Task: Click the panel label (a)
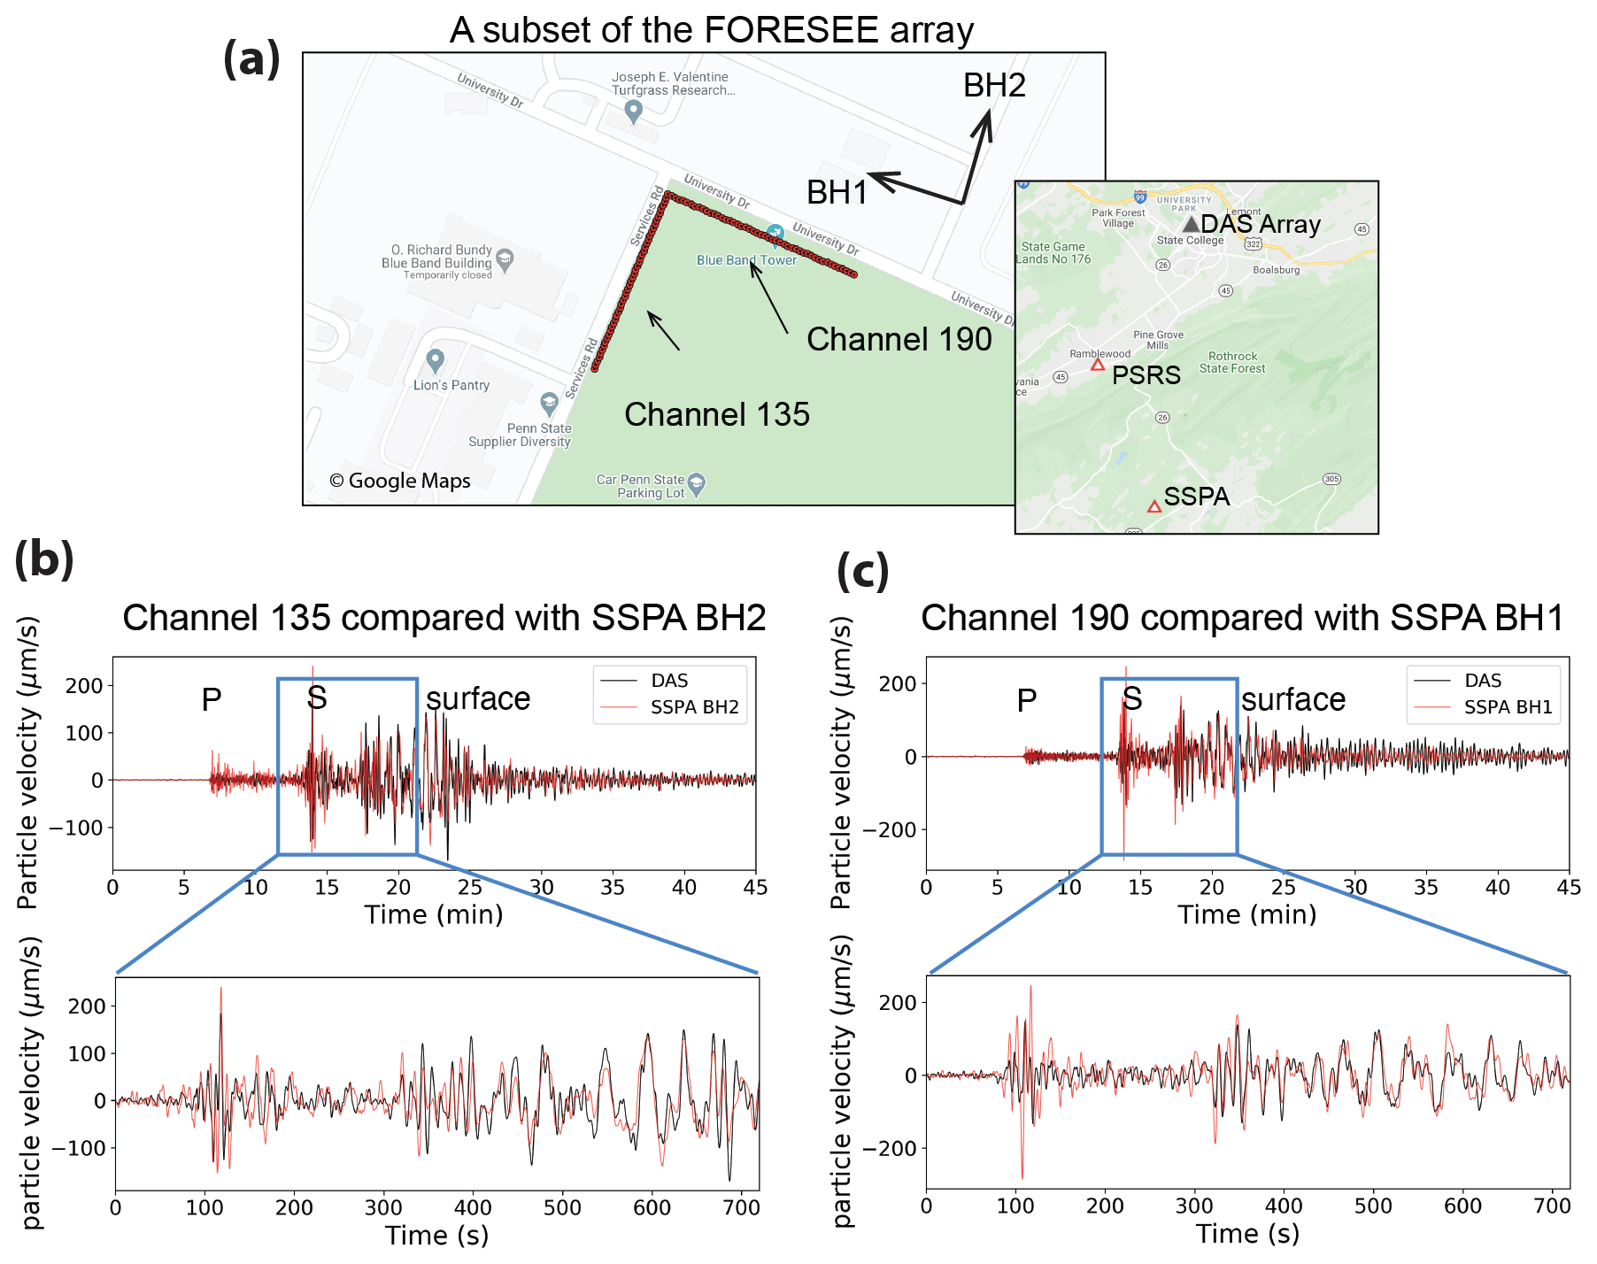coord(251,59)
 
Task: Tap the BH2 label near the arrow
coord(994,86)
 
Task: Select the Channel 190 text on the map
coord(899,339)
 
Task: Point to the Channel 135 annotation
coord(716,414)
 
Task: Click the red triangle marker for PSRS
coord(1098,365)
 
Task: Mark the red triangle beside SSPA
coord(1154,507)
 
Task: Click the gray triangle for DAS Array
coord(1192,225)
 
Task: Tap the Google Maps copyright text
coord(400,481)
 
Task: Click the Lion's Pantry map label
coord(451,385)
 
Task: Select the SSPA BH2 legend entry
coord(694,707)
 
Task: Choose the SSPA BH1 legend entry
coord(1508,707)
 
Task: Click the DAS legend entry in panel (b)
coord(669,681)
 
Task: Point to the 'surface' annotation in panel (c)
coord(1292,700)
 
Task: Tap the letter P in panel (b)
coord(212,700)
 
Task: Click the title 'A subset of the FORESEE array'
coord(711,30)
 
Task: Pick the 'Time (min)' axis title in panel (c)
coord(1246,914)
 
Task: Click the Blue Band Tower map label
coord(746,260)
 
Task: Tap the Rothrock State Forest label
coord(1232,362)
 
